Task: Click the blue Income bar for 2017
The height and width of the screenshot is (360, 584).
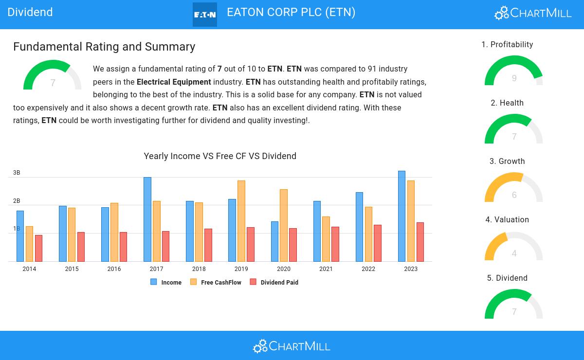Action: [x=147, y=219]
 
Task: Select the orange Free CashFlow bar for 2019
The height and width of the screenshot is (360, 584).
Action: [x=241, y=221]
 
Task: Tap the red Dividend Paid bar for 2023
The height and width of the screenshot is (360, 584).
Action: [x=420, y=242]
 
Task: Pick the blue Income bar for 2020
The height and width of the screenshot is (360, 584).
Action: [x=274, y=241]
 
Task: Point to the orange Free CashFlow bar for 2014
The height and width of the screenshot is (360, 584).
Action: [x=29, y=244]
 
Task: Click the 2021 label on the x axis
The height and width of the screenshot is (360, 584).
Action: [x=326, y=269]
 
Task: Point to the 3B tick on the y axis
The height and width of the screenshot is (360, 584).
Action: [x=17, y=173]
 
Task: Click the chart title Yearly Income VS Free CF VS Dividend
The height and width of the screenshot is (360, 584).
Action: [x=220, y=156]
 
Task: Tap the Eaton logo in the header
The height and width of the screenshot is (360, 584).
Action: [x=205, y=15]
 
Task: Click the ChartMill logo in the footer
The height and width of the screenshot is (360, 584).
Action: [x=292, y=346]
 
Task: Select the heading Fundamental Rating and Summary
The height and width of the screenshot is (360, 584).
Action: [x=104, y=47]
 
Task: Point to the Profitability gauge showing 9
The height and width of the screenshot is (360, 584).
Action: [x=514, y=72]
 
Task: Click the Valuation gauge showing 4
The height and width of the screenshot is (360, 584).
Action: [x=514, y=247]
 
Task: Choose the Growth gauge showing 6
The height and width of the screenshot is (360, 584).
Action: [x=514, y=189]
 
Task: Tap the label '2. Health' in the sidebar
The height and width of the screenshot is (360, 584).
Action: [x=507, y=103]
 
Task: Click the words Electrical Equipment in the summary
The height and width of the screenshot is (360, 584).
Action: [x=174, y=82]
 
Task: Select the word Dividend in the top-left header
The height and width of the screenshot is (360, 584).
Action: [x=30, y=12]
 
